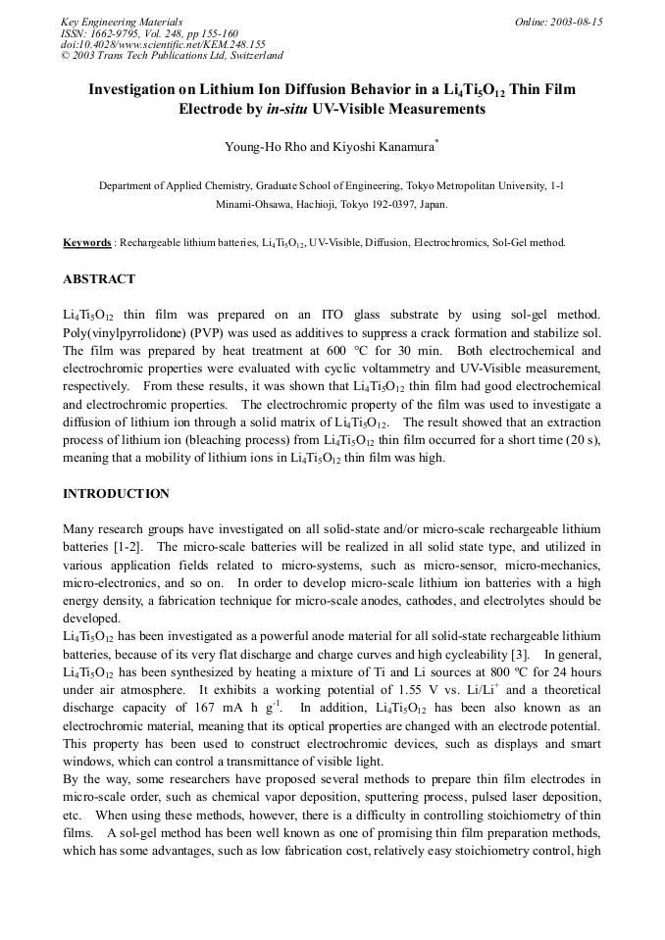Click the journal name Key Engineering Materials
pyautogui.click(x=122, y=22)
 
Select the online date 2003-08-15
pyautogui.click(x=574, y=22)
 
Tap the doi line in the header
pyautogui.click(x=163, y=45)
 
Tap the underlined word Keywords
pyautogui.click(x=86, y=242)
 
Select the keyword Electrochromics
pyautogui.click(x=437, y=242)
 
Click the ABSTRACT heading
pyautogui.click(x=99, y=279)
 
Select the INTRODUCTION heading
pyautogui.click(x=116, y=494)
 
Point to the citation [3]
pyautogui.click(x=524, y=654)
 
